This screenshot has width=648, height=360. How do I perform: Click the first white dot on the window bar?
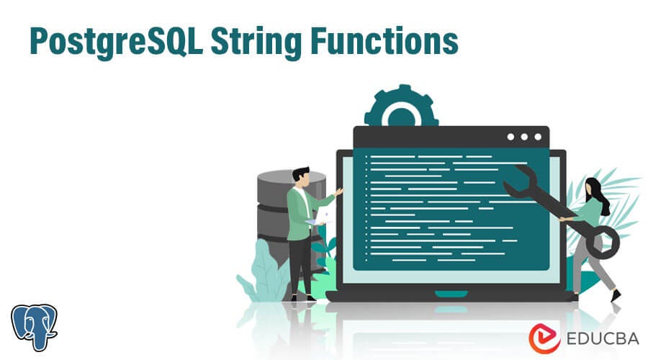510,137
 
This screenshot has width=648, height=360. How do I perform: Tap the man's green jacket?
299,212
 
